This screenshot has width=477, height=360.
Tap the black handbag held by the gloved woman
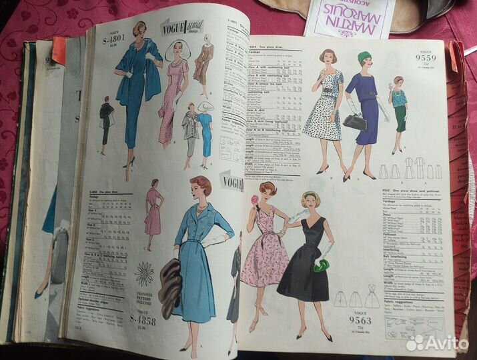tap(355, 121)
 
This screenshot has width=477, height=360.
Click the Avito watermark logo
tap(437, 342)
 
